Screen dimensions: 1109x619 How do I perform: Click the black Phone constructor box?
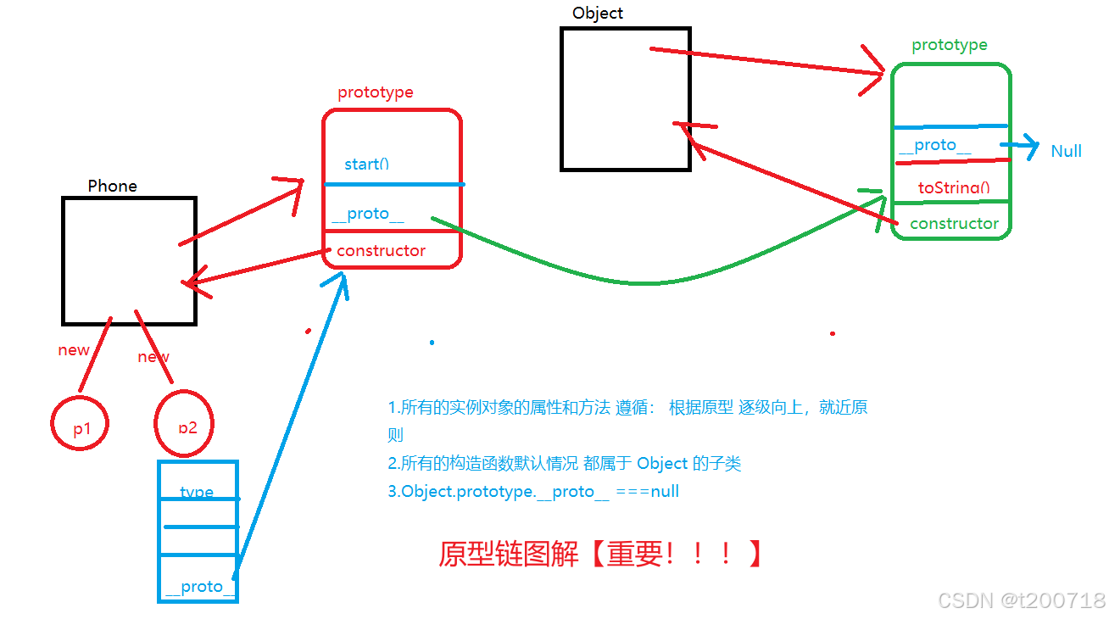coord(129,260)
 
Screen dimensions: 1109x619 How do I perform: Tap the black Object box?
coord(625,98)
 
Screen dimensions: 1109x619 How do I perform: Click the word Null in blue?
coord(1066,151)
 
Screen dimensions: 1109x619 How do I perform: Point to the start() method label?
coord(366,164)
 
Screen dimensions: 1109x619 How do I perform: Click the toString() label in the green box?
coord(954,187)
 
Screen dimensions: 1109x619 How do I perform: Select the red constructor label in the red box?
coord(381,250)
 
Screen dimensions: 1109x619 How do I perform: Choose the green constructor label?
coord(954,223)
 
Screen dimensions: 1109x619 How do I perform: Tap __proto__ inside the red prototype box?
coord(368,213)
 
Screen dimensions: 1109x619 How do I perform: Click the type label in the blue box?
coord(197,492)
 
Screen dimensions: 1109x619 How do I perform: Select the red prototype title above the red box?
coord(376,92)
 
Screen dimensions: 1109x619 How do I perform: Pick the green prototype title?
coord(949,45)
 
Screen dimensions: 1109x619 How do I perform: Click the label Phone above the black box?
coord(112,186)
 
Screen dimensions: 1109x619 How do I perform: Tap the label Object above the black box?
coord(597,13)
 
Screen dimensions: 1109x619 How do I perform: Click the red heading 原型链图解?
coord(508,554)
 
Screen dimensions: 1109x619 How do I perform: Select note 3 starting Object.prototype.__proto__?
coord(533,491)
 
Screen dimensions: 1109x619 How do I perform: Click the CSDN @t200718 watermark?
coord(1021,600)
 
